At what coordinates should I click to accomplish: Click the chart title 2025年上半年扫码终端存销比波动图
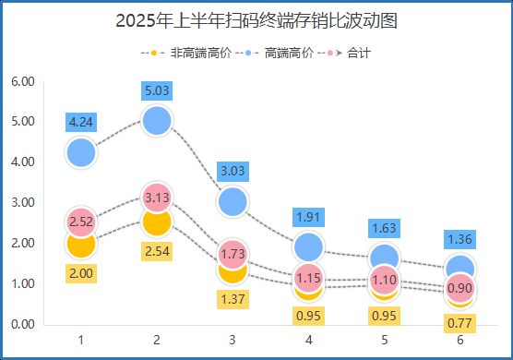256,21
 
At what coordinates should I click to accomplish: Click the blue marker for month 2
158,120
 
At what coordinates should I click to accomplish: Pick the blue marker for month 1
81,152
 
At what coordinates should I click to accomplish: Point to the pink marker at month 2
158,197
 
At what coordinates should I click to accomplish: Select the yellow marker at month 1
81,244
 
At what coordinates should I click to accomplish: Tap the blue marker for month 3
233,200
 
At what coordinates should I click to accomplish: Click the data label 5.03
158,90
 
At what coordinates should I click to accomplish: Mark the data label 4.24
81,122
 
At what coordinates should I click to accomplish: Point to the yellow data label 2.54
158,250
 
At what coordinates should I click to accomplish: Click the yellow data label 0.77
461,322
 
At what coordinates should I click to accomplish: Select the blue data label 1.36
461,239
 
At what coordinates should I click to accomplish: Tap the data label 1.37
233,298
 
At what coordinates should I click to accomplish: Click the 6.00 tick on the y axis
22,81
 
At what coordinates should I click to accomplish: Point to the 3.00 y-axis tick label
22,202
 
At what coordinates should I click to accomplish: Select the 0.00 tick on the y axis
22,324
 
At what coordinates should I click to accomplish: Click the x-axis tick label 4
309,340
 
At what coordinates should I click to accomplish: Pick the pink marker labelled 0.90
461,287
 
